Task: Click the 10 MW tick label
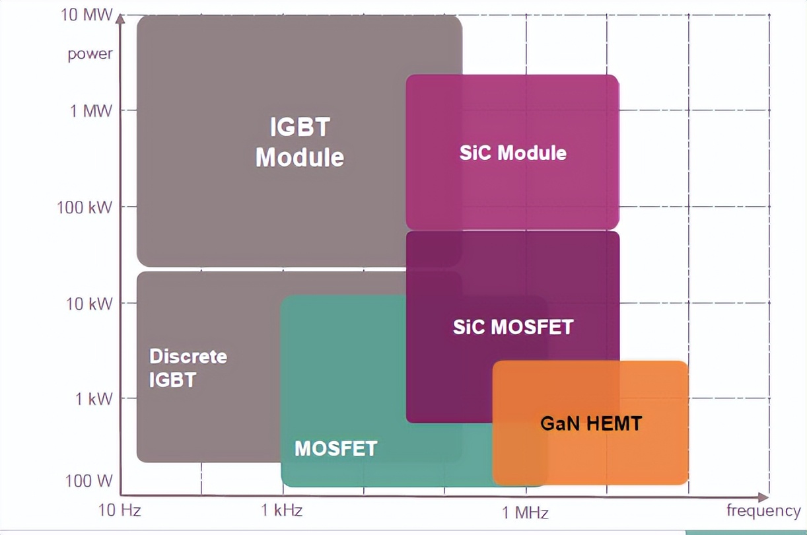[x=87, y=15]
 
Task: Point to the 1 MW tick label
[x=91, y=110]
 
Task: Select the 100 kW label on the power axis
[x=85, y=207]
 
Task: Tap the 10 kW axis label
[x=89, y=303]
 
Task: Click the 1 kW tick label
[x=92, y=398]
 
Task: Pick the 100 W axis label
[x=89, y=480]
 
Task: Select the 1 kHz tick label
[x=282, y=511]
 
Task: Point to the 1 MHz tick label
[x=526, y=512]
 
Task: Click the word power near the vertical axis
[x=90, y=54]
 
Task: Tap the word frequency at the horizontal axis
[x=763, y=511]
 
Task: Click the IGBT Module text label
[x=300, y=142]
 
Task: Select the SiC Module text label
[x=513, y=153]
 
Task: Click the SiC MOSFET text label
[x=513, y=326]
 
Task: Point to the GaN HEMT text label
[x=590, y=423]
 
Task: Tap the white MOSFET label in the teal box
[x=335, y=448]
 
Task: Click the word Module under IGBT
[x=300, y=158]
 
